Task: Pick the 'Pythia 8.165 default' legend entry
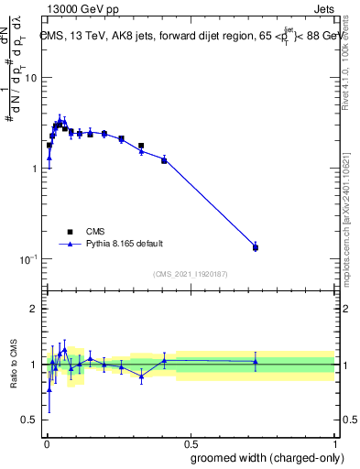point(125,244)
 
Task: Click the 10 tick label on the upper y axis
point(29,78)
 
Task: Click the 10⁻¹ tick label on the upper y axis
point(27,259)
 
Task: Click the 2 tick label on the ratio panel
point(34,309)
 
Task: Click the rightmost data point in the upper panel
point(256,247)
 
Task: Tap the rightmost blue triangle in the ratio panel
point(256,362)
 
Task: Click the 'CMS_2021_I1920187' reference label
point(190,274)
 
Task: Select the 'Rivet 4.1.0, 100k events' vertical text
point(345,82)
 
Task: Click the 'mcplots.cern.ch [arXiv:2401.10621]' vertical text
point(345,211)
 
